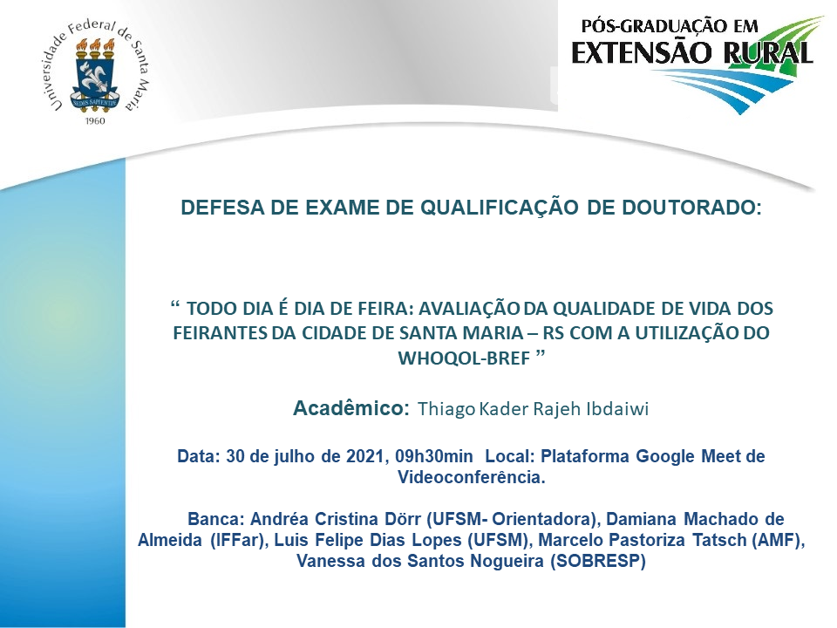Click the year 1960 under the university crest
[95, 121]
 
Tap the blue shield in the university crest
[95, 80]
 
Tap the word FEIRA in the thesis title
[381, 309]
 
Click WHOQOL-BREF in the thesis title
[464, 358]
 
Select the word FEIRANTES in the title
[221, 333]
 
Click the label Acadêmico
[351, 408]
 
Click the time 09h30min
[434, 456]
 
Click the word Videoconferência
[472, 477]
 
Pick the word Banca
[215, 519]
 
